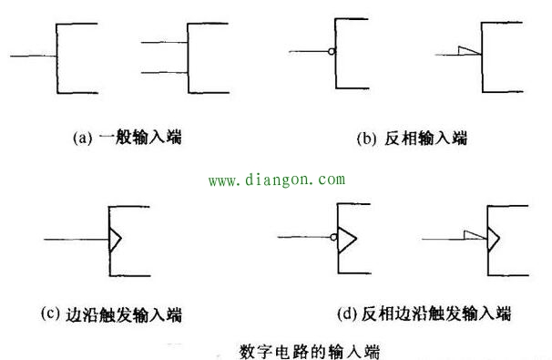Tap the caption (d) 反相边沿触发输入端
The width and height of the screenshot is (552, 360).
click(x=424, y=315)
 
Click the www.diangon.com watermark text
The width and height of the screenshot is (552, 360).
click(x=276, y=180)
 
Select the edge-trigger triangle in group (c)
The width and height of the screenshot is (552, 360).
click(x=116, y=240)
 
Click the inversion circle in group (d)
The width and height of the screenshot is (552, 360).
click(x=335, y=240)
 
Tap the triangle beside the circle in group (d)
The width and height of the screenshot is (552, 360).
click(x=347, y=240)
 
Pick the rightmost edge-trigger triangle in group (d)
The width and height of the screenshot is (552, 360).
click(x=493, y=240)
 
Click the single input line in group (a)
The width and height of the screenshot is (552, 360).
click(x=33, y=57)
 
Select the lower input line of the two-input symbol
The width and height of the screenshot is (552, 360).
click(x=165, y=72)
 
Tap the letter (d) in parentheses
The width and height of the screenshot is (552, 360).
click(x=346, y=315)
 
